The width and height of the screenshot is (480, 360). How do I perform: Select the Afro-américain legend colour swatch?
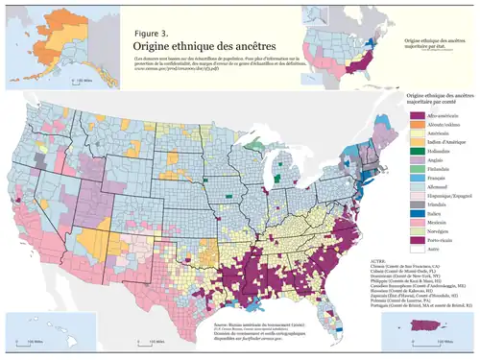point(403,117)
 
